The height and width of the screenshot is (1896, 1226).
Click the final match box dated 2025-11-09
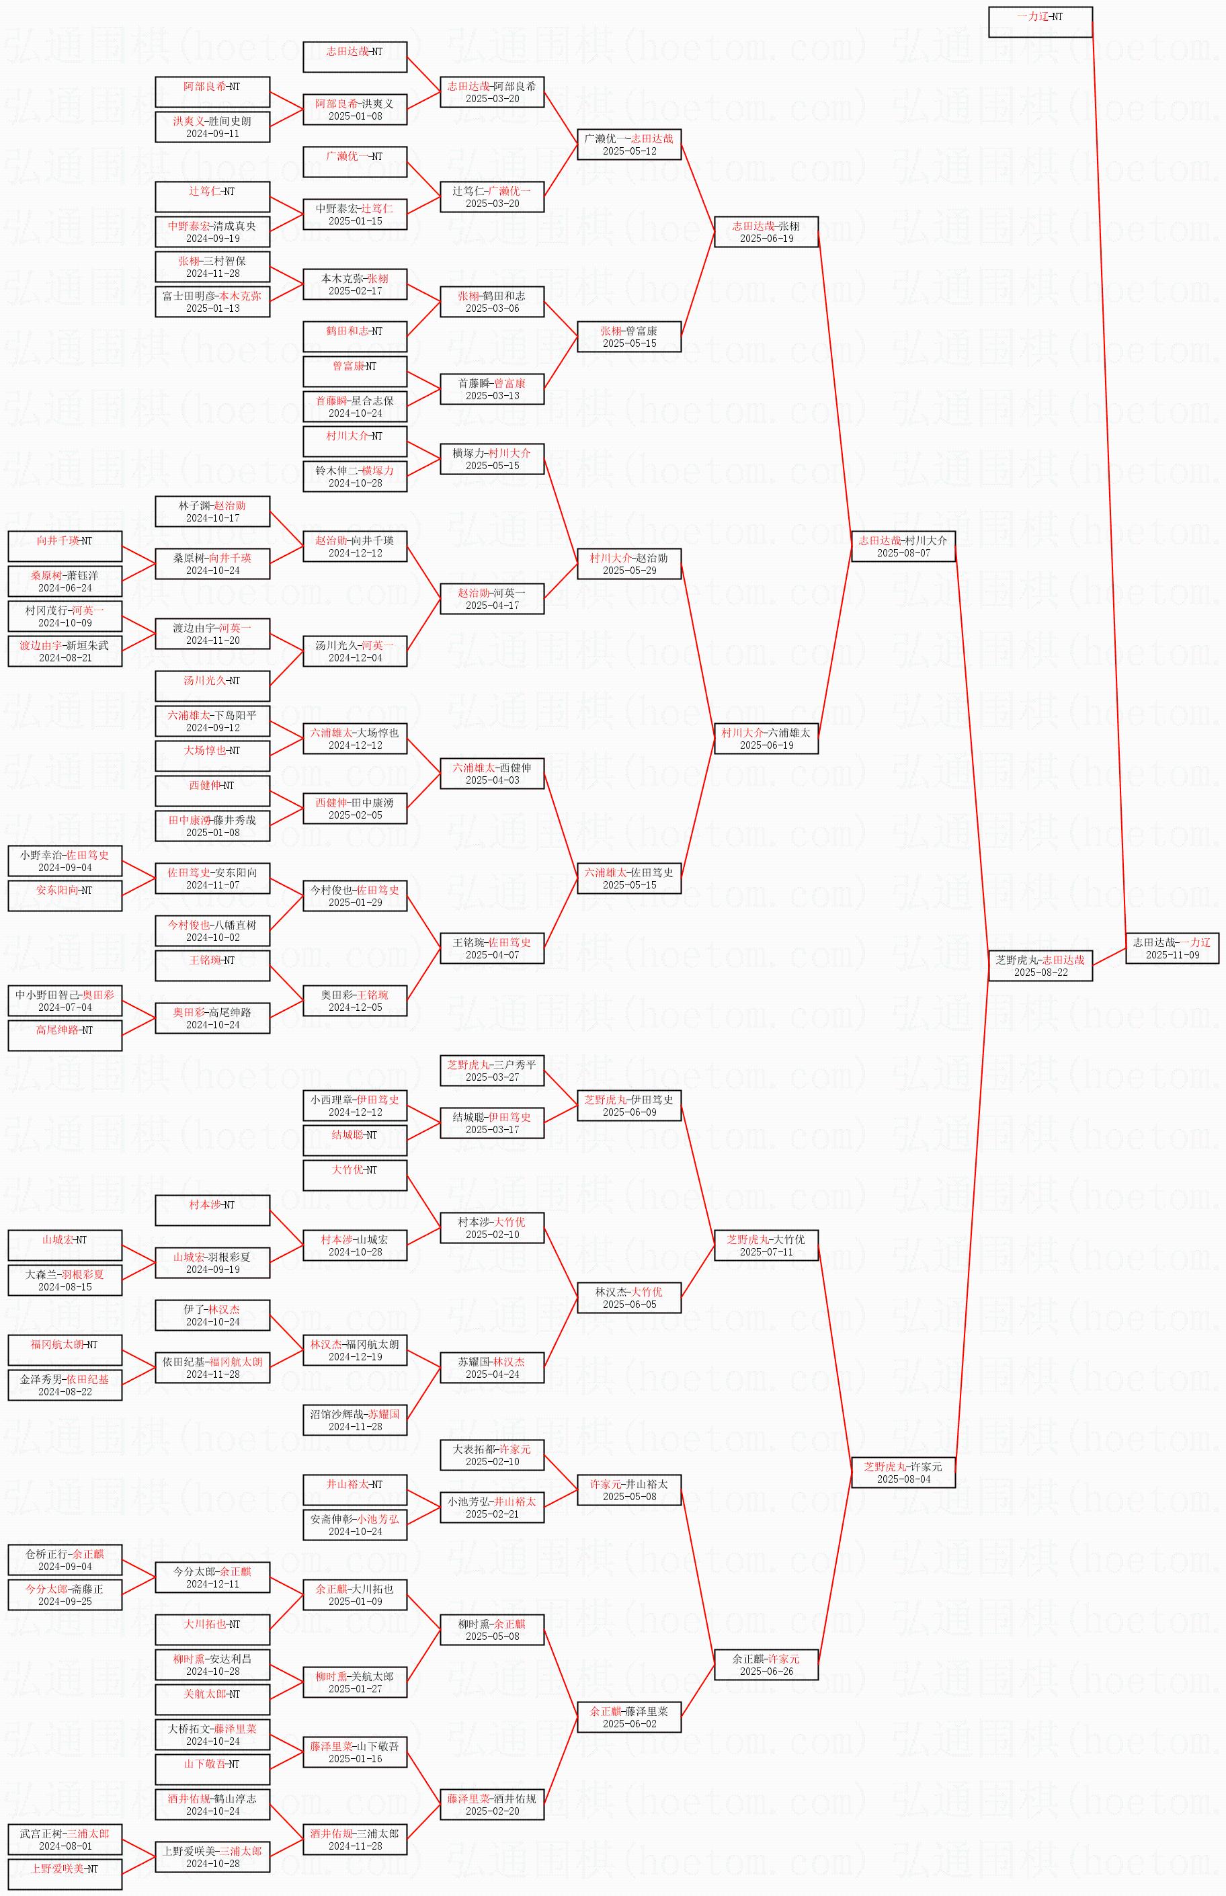pyautogui.click(x=1172, y=948)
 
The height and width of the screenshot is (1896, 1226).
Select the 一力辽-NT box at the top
pyautogui.click(x=1040, y=22)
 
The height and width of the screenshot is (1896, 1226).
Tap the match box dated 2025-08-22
pyautogui.click(x=1040, y=966)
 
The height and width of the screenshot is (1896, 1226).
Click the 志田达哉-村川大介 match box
pyautogui.click(x=903, y=546)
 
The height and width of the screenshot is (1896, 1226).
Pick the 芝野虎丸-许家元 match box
pyautogui.click(x=903, y=1473)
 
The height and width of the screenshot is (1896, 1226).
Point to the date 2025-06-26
pyautogui.click(x=766, y=1671)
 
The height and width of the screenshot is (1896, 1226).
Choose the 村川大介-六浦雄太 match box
pyautogui.click(x=766, y=738)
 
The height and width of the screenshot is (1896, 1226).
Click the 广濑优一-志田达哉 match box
pyautogui.click(x=629, y=144)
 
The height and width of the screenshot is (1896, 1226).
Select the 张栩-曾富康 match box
pyautogui.click(x=629, y=337)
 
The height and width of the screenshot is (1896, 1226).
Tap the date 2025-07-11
pyautogui.click(x=766, y=1252)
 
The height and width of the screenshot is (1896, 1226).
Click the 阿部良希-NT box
pyautogui.click(x=212, y=91)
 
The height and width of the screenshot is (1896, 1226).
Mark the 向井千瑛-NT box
pyautogui.click(x=65, y=546)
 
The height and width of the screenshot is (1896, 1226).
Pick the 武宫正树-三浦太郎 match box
pyautogui.click(x=65, y=1840)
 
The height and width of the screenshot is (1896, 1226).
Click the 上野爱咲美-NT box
pyautogui.click(x=65, y=1874)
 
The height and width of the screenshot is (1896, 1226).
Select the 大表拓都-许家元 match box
pyautogui.click(x=492, y=1455)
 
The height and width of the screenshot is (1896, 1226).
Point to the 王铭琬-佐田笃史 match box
pyautogui.click(x=492, y=948)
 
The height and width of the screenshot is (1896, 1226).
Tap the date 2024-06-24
pyautogui.click(x=65, y=588)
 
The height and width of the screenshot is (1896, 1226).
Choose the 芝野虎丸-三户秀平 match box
pyautogui.click(x=492, y=1071)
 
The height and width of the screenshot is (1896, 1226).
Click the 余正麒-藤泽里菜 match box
pyautogui.click(x=629, y=1717)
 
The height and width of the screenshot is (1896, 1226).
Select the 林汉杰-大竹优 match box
pyautogui.click(x=629, y=1297)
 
